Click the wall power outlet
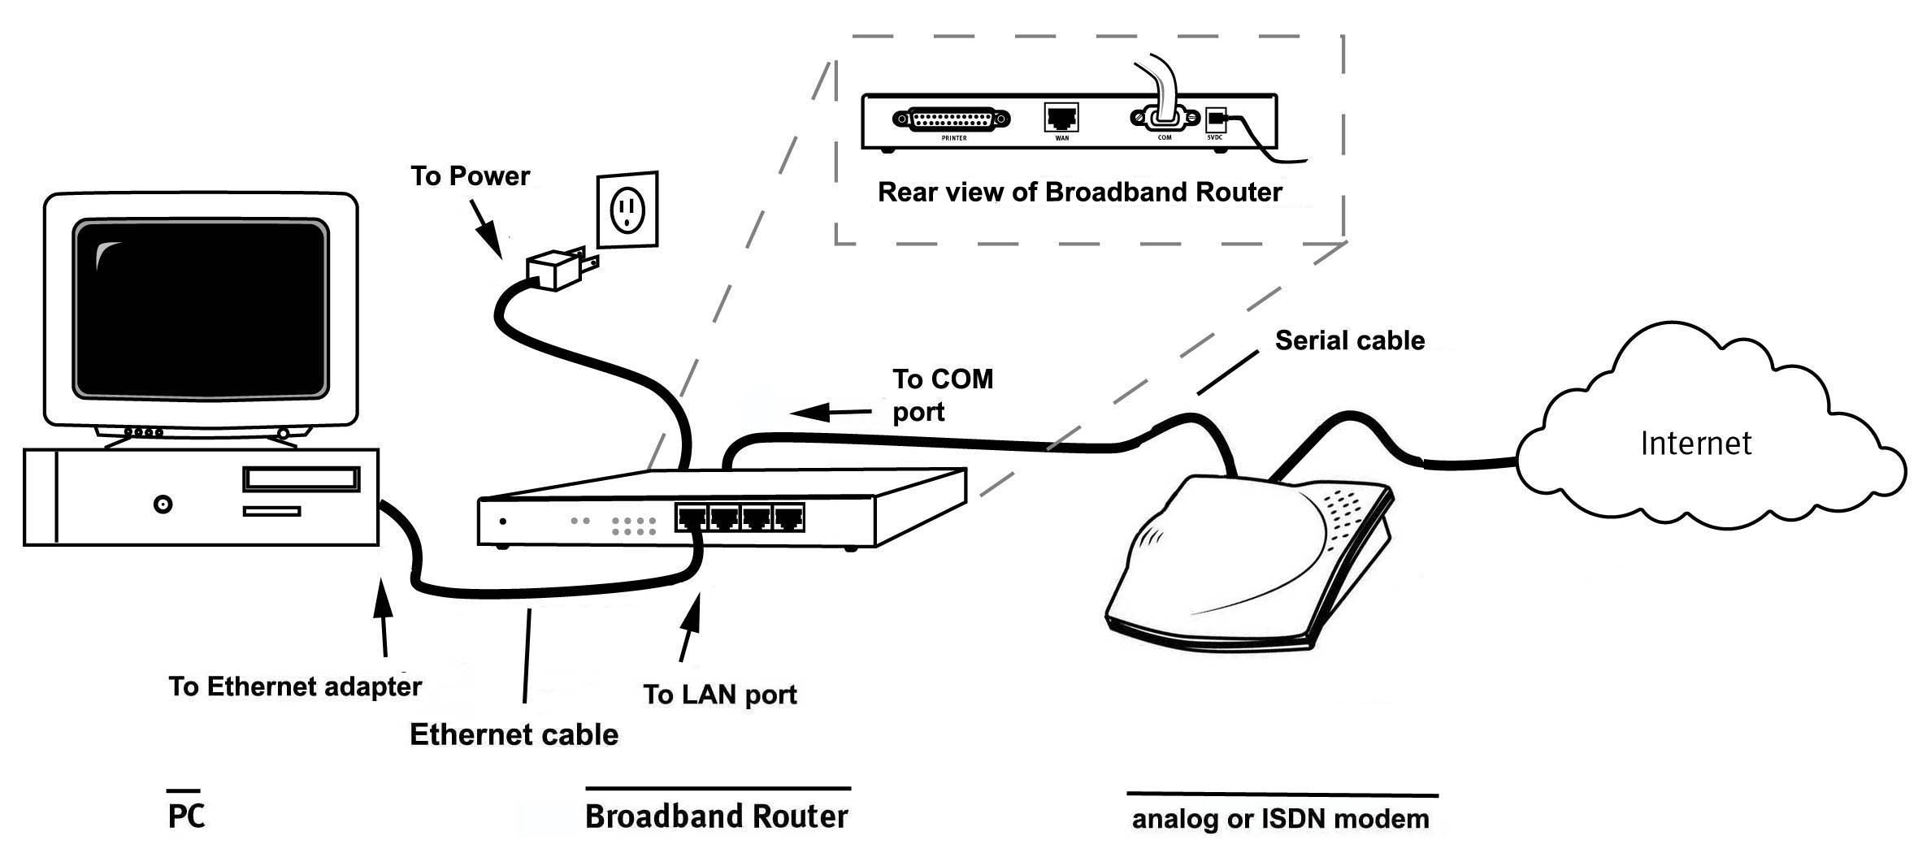pyautogui.click(x=627, y=209)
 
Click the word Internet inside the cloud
pyautogui.click(x=1695, y=444)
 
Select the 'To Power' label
pyautogui.click(x=470, y=176)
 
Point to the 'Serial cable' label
pyautogui.click(x=1349, y=340)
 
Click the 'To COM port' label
pyautogui.click(x=942, y=395)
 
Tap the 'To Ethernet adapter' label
pyautogui.click(x=295, y=686)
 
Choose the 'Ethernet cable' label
pyautogui.click(x=514, y=734)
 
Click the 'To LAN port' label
pyautogui.click(x=719, y=695)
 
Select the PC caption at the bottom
pyautogui.click(x=186, y=816)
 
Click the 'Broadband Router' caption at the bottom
pyautogui.click(x=716, y=816)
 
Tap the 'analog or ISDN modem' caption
pyautogui.click(x=1280, y=819)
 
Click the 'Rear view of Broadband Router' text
pyautogui.click(x=1079, y=193)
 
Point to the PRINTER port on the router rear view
pyautogui.click(x=952, y=119)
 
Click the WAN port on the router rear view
pyautogui.click(x=1061, y=118)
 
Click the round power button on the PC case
pyautogui.click(x=163, y=504)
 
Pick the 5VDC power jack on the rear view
pyautogui.click(x=1215, y=120)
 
